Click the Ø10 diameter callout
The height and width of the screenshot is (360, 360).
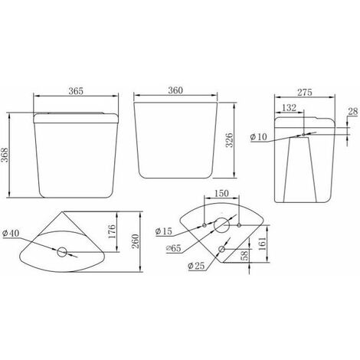coord(259,137)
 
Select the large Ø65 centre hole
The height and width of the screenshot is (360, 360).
coord(221,225)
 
